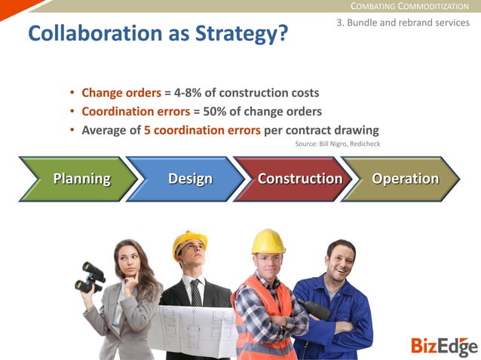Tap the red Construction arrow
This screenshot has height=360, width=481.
[297, 179]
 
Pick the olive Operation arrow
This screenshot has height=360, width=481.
[403, 179]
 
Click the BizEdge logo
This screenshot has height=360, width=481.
[444, 346]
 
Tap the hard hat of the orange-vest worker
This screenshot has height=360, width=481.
[268, 241]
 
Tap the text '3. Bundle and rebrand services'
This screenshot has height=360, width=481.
[403, 23]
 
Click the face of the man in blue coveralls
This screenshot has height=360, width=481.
[341, 261]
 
